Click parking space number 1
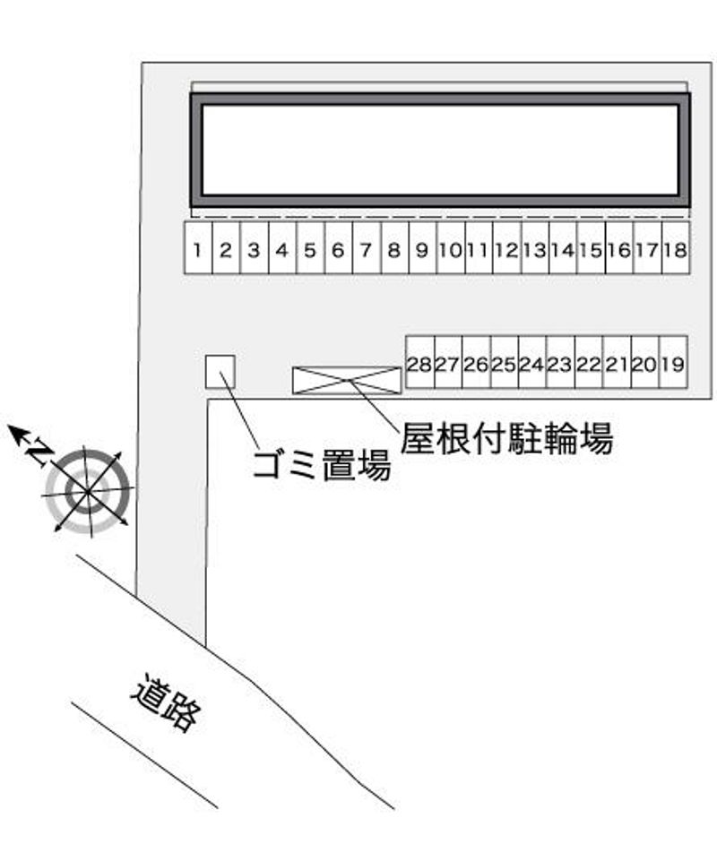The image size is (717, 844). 198,248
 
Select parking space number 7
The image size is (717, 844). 367,248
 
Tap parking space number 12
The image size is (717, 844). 507,248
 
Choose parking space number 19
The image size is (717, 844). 673,362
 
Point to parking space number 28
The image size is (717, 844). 419,362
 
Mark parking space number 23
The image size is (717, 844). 560,362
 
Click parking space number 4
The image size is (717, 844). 282,248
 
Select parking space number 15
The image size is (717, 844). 591,248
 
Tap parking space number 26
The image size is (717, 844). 477,362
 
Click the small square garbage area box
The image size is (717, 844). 220,372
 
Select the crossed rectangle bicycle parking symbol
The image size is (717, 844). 347,380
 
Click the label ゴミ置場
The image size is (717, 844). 322,464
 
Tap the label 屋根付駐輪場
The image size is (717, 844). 506,437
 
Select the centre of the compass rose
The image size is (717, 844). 87,491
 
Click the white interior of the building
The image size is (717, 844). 440,150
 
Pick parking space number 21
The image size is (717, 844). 617,362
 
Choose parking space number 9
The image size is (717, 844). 423,248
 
